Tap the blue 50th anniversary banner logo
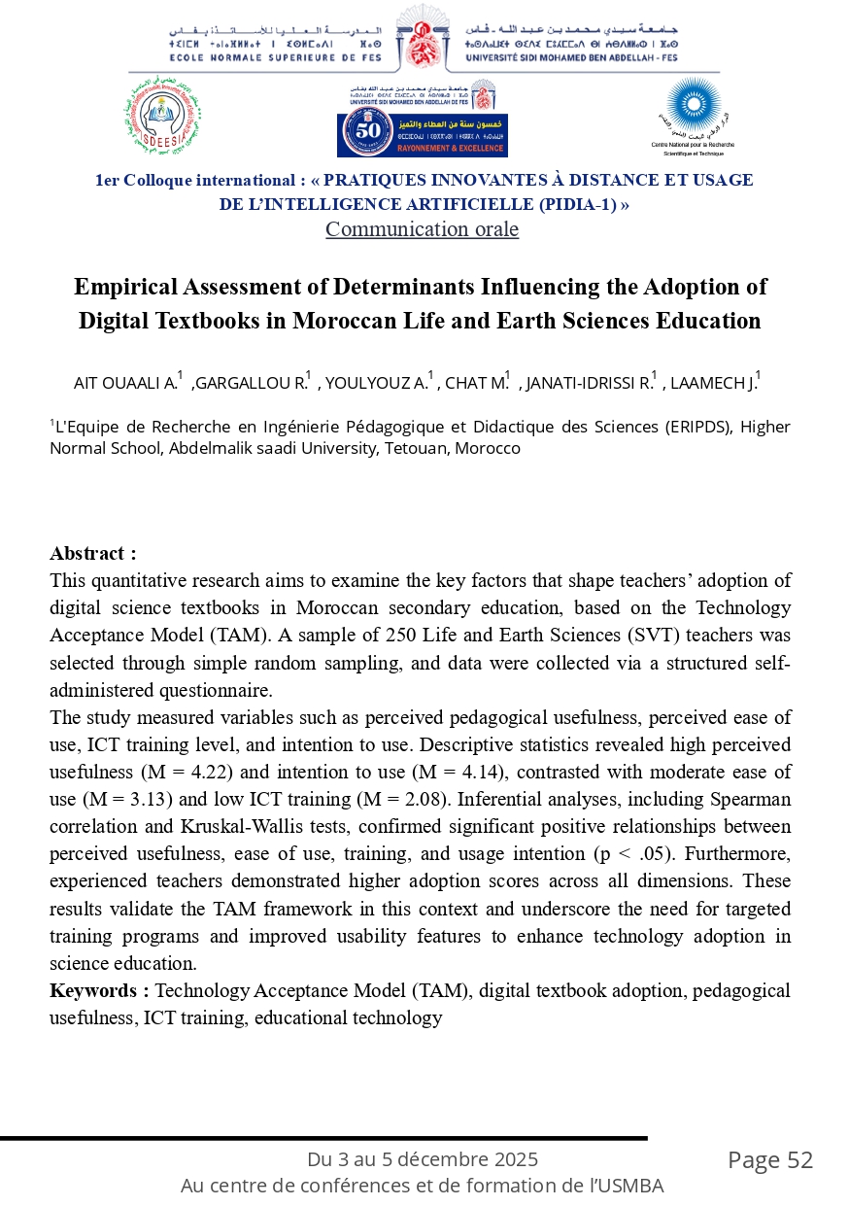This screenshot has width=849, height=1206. (423, 135)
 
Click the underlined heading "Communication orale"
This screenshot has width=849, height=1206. (422, 229)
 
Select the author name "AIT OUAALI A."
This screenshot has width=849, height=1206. (125, 382)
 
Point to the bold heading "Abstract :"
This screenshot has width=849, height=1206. (93, 554)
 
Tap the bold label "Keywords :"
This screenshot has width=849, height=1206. (99, 990)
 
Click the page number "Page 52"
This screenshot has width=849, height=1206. (769, 1159)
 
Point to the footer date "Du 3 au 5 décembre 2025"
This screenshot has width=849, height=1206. (423, 1159)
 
